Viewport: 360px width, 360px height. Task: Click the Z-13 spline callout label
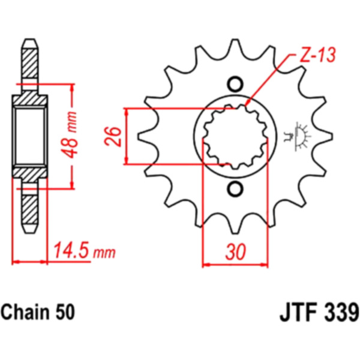[318, 55]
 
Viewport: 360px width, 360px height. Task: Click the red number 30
[236, 251]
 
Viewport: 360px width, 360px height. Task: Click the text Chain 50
[38, 312]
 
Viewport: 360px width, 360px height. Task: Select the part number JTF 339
[319, 312]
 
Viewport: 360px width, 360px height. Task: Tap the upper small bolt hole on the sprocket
[235, 84]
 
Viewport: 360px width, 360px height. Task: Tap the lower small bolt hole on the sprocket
[235, 188]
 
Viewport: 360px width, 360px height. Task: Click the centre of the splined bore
[236, 136]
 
